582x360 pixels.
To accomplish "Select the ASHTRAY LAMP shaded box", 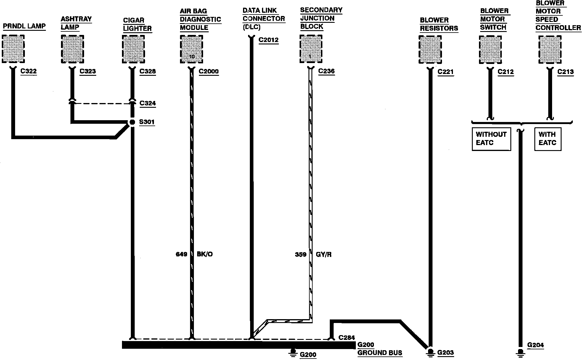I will [73, 49].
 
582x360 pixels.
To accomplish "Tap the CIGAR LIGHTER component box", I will [134, 49].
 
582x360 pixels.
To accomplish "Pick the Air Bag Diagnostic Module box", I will [192, 49].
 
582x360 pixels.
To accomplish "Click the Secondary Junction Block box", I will [311, 49].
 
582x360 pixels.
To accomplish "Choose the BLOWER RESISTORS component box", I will [430, 49].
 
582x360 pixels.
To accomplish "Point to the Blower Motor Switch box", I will [490, 49].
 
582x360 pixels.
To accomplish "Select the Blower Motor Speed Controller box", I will [550, 49].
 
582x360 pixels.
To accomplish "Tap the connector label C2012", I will [269, 40].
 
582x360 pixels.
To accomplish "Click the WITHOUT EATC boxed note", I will [491, 139].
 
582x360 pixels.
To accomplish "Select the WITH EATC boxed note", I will [547, 139].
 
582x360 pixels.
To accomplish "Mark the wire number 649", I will [181, 254].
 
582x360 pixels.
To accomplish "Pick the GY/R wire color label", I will [324, 255].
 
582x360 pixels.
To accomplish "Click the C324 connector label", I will [147, 103].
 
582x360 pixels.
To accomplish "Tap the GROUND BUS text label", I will [380, 353].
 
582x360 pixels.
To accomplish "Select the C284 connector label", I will [346, 338].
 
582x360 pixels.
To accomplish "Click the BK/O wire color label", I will [205, 254].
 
